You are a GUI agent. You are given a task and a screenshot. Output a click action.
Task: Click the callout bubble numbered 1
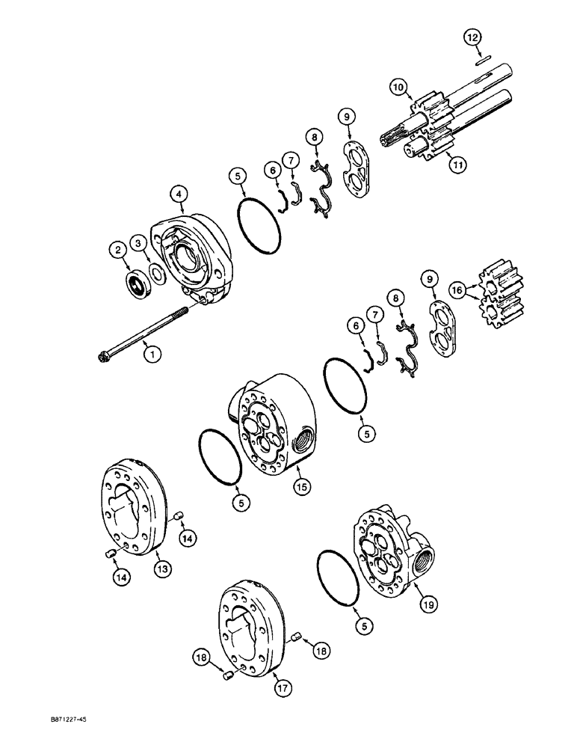pyautogui.click(x=152, y=355)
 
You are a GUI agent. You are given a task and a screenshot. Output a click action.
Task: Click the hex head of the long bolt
pyautogui.click(x=102, y=358)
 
